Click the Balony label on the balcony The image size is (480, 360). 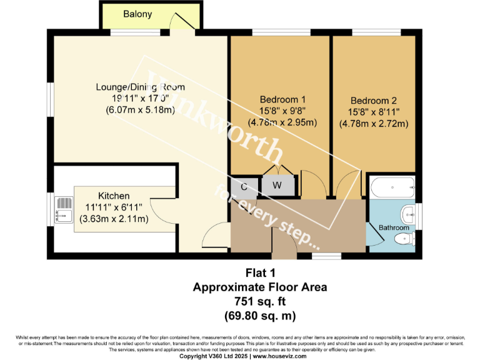click(x=137, y=14)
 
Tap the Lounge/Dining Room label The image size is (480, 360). click(x=131, y=87)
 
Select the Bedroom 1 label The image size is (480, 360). click(x=282, y=99)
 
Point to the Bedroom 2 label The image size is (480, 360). click(x=373, y=101)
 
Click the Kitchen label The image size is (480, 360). click(x=114, y=196)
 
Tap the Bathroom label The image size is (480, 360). click(x=394, y=228)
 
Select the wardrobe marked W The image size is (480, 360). click(x=276, y=186)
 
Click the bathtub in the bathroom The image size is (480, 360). click(x=392, y=186)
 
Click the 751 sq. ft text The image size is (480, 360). click(x=259, y=301)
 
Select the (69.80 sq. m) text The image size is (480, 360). click(x=259, y=315)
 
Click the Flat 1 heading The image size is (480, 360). click(x=259, y=273)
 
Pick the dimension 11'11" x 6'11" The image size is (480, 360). click(x=114, y=207)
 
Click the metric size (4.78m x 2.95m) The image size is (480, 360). click(x=282, y=122)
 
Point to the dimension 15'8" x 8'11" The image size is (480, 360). click(x=373, y=112)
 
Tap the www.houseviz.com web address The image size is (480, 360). click(x=279, y=356)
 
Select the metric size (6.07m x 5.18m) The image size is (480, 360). click(x=131, y=110)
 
